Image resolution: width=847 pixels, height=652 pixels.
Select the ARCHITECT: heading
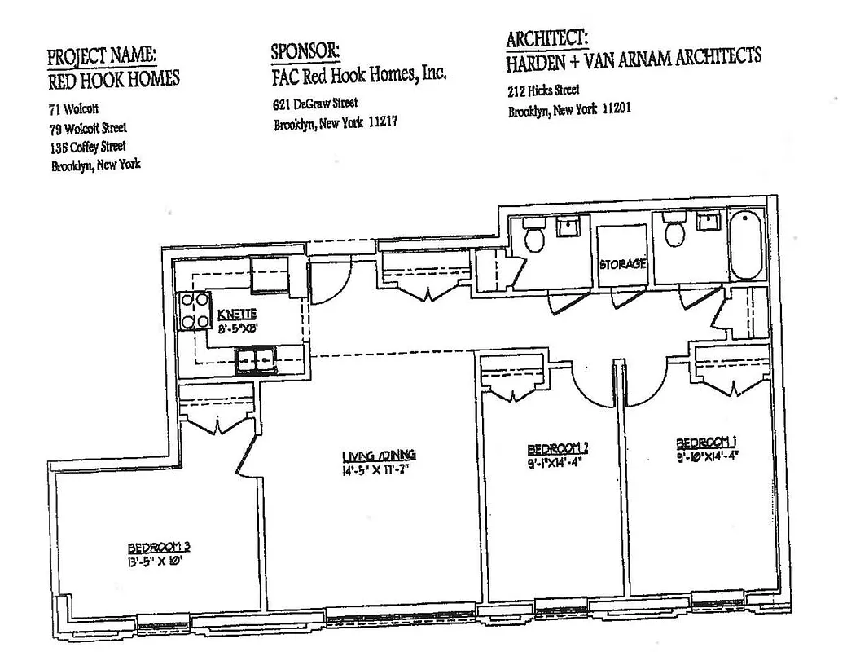pyautogui.click(x=546, y=38)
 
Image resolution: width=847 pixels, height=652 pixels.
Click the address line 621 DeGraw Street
pyautogui.click(x=315, y=104)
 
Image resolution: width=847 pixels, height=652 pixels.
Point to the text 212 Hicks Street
pyautogui.click(x=543, y=90)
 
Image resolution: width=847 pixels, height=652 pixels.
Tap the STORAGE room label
pyautogui.click(x=622, y=264)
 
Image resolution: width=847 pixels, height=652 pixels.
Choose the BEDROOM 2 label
pyautogui.click(x=558, y=447)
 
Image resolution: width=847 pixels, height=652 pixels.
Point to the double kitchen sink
pyautogui.click(x=256, y=359)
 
